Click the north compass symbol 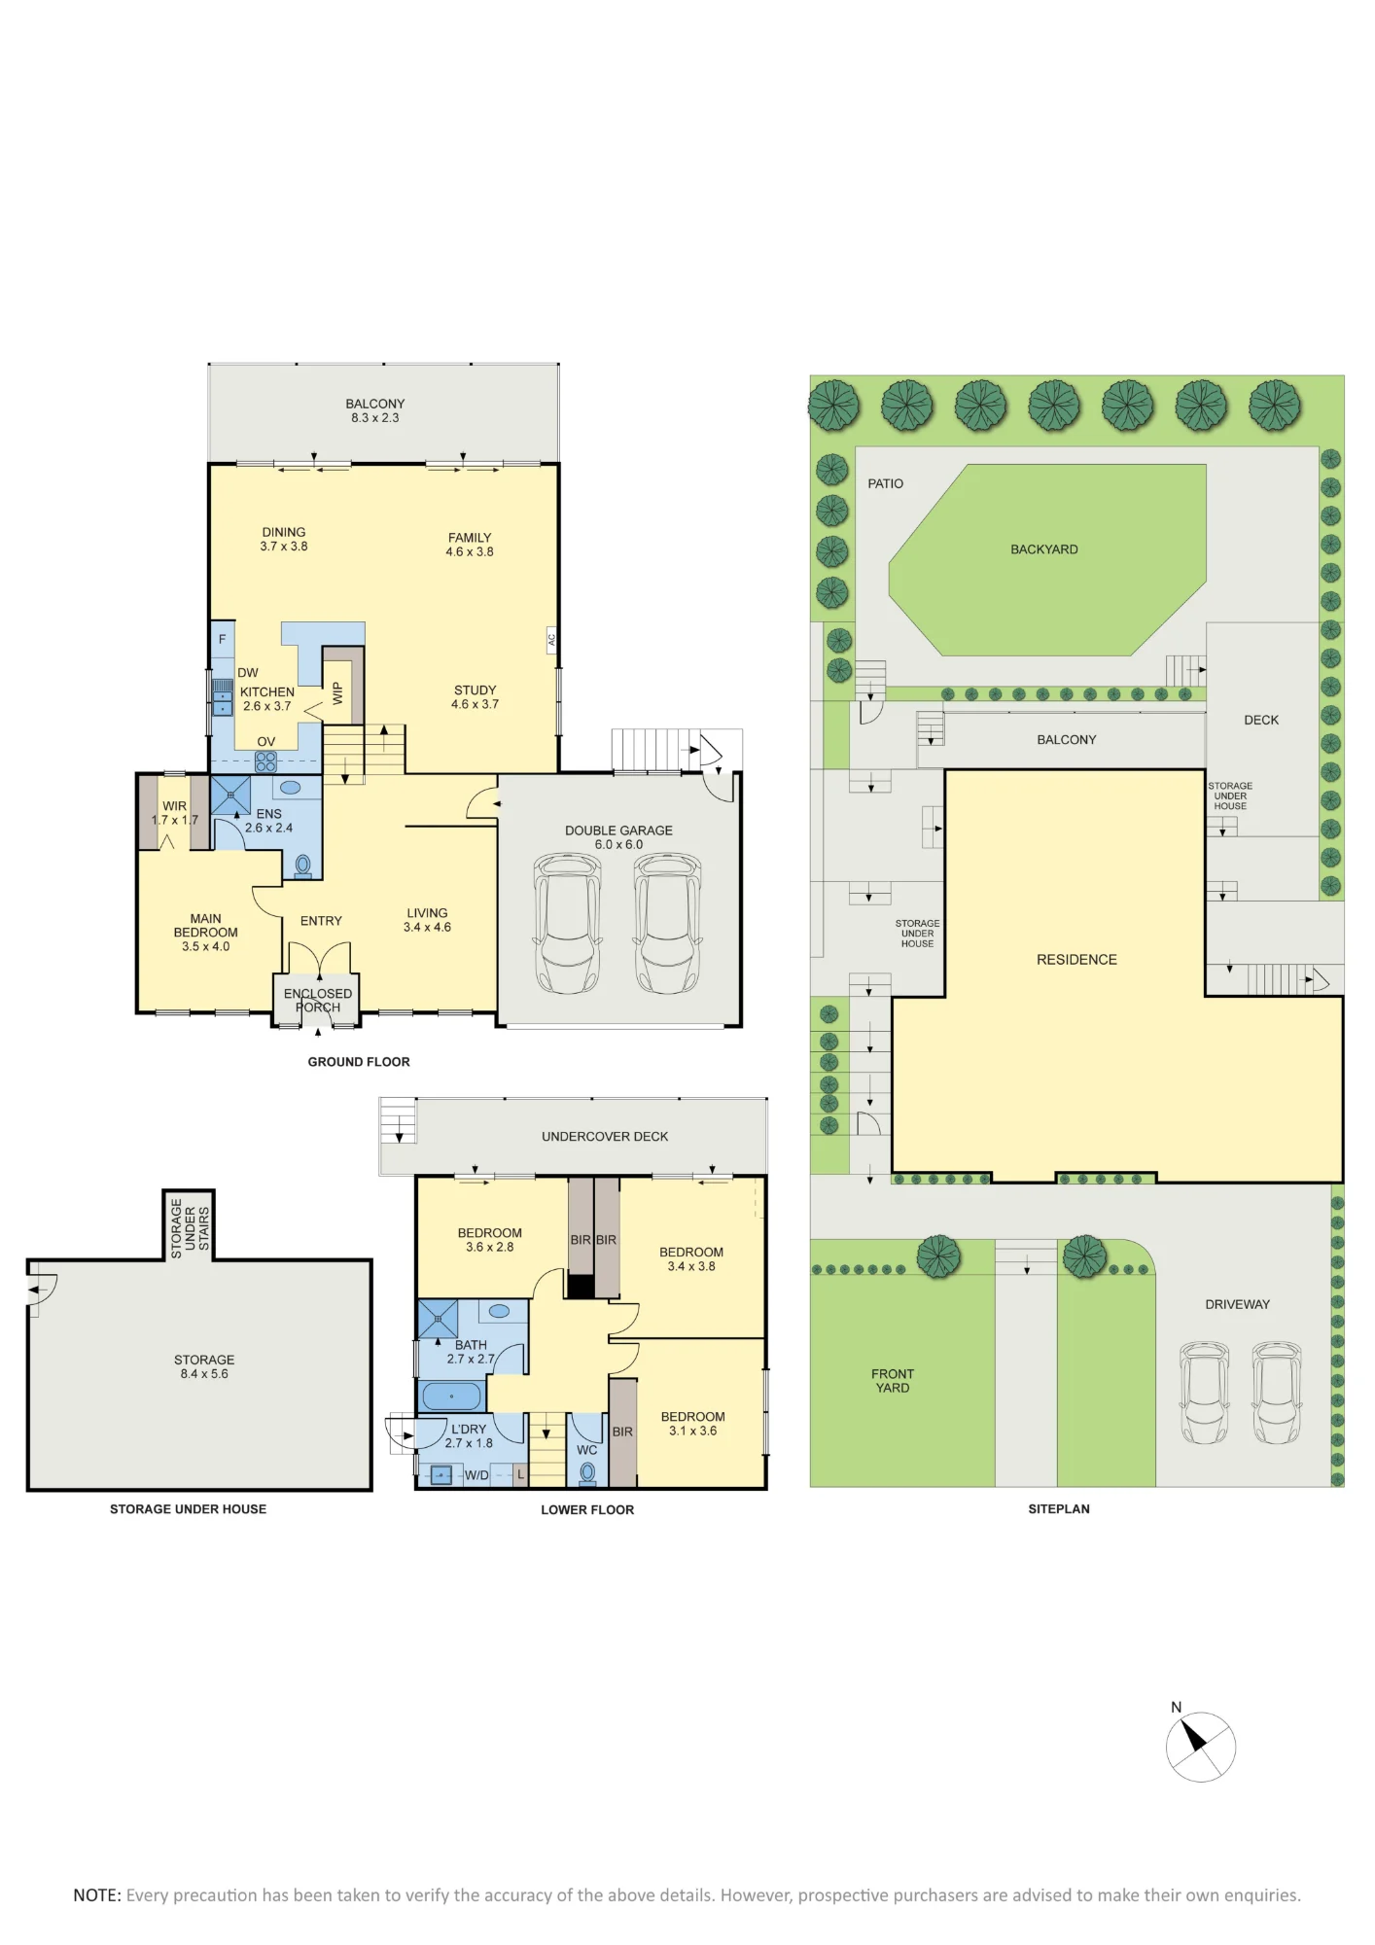click(x=1200, y=1746)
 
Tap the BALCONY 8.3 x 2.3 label click(x=375, y=410)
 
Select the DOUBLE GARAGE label click(x=618, y=831)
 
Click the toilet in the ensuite click(x=302, y=865)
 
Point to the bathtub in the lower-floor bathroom click(x=451, y=1397)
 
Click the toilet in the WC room click(x=587, y=1473)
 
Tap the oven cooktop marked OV click(x=265, y=761)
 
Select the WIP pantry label click(x=337, y=693)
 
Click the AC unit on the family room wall click(x=551, y=640)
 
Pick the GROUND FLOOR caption click(x=359, y=1062)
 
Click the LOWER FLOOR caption click(x=587, y=1509)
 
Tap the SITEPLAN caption click(x=1059, y=1508)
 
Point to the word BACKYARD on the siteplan click(x=1044, y=549)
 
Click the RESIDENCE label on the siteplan click(x=1076, y=960)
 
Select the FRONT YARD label click(x=893, y=1381)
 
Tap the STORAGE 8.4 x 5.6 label click(x=204, y=1366)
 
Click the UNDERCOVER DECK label click(x=605, y=1136)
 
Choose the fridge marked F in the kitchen click(x=223, y=639)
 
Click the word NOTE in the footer click(x=96, y=1895)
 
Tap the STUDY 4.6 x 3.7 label click(x=475, y=697)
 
